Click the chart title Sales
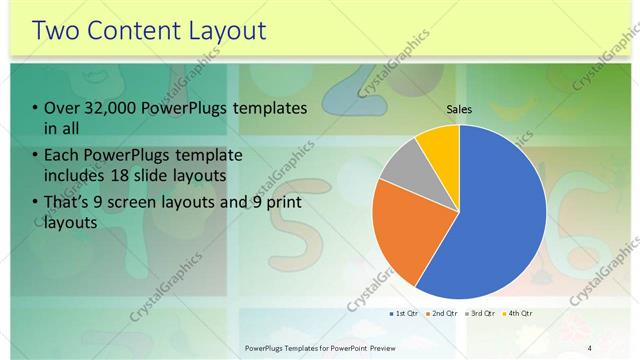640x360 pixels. tap(459, 110)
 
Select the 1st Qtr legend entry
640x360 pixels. tap(406, 314)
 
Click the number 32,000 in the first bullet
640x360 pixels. tap(117, 108)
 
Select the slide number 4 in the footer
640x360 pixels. tap(590, 347)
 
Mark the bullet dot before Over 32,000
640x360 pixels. tap(37, 108)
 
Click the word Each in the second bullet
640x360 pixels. tap(64, 155)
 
